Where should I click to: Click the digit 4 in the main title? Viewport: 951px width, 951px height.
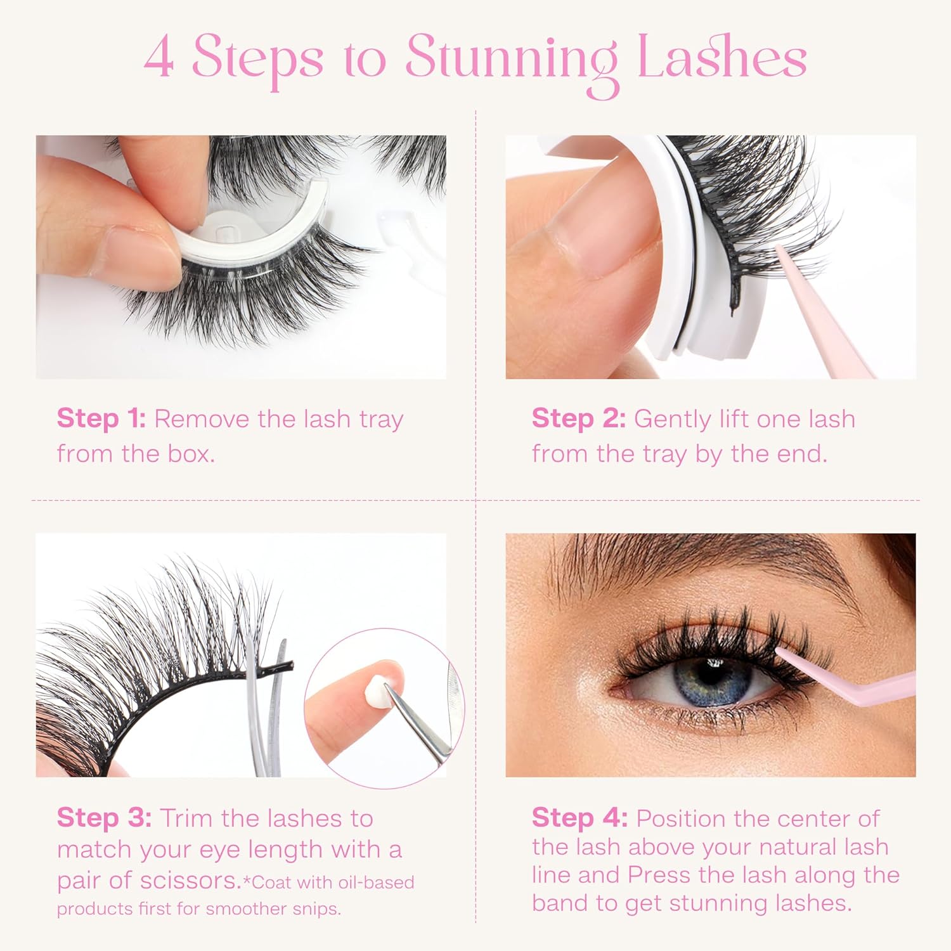tap(159, 58)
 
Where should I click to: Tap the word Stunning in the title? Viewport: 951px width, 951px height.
tap(511, 60)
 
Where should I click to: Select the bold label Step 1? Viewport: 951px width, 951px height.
tap(101, 419)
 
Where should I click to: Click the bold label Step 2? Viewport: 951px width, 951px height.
tap(579, 419)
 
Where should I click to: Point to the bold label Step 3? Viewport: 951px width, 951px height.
tap(104, 818)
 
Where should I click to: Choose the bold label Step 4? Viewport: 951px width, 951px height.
tap(579, 818)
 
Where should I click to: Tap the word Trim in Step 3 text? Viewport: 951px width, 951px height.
tap(186, 818)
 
